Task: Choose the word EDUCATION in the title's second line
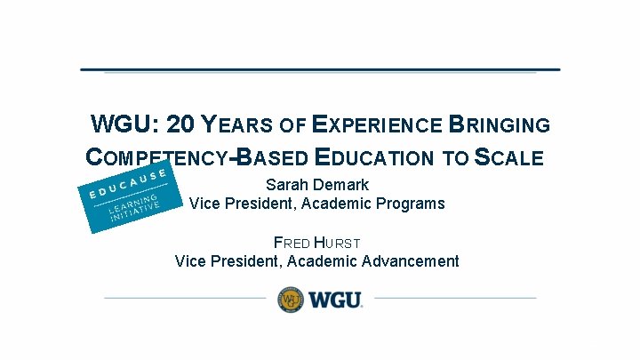coord(380,158)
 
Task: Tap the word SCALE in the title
coord(508,158)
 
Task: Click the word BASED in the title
coord(272,158)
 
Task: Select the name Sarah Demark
coord(317,185)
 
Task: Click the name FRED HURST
coord(317,242)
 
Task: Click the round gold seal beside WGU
coord(291,299)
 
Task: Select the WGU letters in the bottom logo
coord(335,299)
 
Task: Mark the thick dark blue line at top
coord(320,68)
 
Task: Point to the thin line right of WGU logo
coord(453,298)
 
